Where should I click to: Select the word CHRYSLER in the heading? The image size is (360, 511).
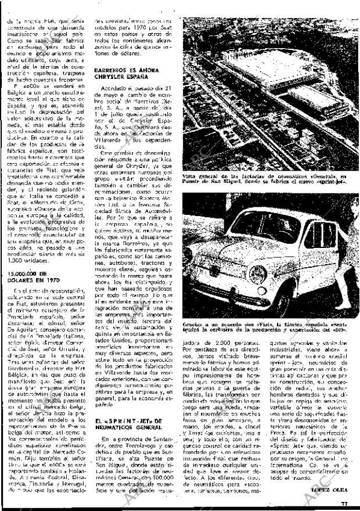(112, 75)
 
